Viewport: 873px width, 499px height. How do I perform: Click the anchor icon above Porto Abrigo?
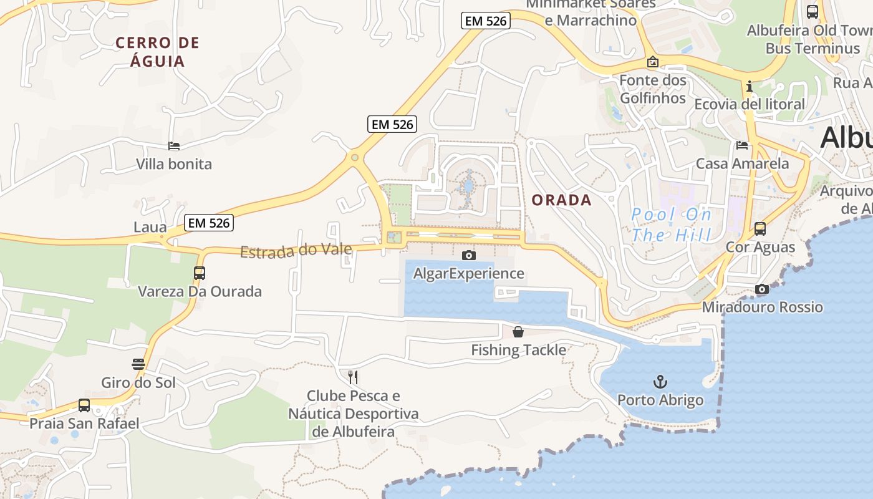(x=660, y=380)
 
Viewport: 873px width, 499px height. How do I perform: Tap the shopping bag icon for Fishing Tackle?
(x=518, y=331)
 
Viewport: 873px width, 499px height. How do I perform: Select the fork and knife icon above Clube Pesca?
(x=353, y=377)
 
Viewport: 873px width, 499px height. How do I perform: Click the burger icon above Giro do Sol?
(x=138, y=364)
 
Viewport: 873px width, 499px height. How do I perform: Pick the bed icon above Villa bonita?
(x=174, y=146)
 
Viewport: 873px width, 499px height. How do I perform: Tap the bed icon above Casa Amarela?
(x=742, y=145)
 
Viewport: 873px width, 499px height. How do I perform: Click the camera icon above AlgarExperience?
(x=468, y=255)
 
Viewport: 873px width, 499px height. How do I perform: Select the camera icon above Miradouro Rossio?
(x=761, y=289)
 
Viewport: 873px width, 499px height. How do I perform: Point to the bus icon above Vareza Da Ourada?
(x=200, y=273)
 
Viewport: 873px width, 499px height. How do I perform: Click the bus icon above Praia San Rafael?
(x=84, y=405)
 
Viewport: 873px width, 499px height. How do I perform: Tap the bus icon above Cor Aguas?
(x=760, y=229)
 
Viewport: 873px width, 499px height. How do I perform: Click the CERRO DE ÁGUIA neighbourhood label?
(x=158, y=52)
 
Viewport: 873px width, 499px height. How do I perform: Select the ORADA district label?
(x=561, y=200)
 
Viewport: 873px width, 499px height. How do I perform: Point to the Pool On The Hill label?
(x=671, y=225)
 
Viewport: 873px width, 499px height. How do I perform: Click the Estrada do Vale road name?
(x=296, y=251)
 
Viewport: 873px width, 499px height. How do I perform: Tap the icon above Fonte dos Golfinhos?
(x=653, y=62)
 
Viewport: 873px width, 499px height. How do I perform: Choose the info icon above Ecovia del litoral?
(x=750, y=85)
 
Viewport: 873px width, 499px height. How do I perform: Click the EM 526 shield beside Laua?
(x=209, y=223)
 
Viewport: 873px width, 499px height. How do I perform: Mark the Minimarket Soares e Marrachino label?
(x=591, y=12)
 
